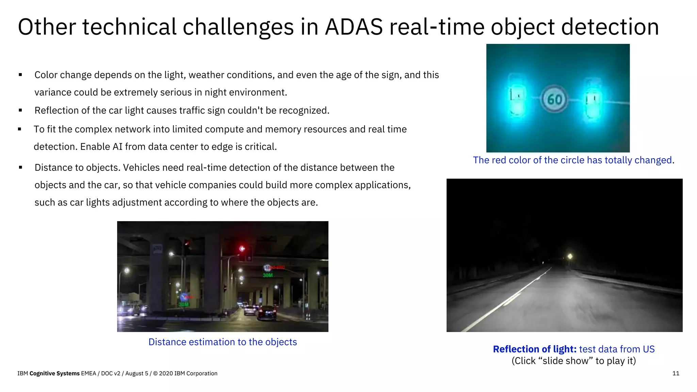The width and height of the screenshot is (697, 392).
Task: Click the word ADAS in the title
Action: tap(354, 27)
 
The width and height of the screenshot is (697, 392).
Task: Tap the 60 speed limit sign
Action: tap(554, 99)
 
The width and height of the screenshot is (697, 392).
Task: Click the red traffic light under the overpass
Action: tap(242, 249)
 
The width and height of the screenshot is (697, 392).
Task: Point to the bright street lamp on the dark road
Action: tap(570, 256)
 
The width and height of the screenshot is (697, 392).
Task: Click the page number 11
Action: tap(676, 373)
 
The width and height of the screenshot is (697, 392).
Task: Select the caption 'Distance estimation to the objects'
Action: tap(223, 342)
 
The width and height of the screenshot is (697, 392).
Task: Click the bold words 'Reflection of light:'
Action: tap(534, 349)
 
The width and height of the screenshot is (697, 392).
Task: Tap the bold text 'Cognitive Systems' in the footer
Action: tap(54, 373)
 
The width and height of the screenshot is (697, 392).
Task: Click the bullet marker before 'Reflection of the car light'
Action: tap(20, 110)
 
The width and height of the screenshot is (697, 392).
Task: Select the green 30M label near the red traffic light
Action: tap(268, 275)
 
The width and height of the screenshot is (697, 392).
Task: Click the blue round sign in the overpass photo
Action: tap(184, 297)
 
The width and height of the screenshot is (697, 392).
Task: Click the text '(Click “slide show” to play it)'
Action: tap(573, 361)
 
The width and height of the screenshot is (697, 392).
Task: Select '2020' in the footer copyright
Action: tap(166, 373)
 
